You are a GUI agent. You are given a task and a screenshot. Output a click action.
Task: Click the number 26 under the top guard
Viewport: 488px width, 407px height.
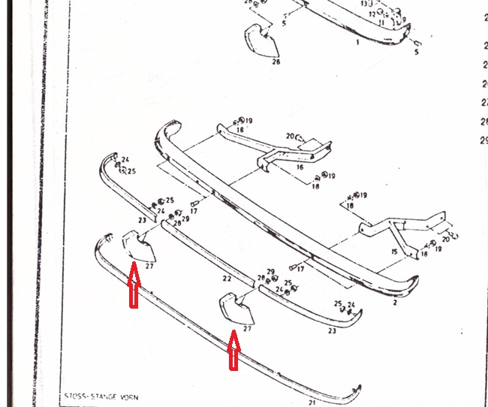pyautogui.click(x=276, y=62)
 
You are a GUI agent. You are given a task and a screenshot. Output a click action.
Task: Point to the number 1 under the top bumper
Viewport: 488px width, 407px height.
pyautogui.click(x=357, y=42)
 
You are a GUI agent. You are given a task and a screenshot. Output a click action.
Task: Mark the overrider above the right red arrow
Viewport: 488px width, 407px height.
pyautogui.click(x=236, y=309)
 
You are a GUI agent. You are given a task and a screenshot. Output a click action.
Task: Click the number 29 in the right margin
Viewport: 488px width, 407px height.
pyautogui.click(x=483, y=139)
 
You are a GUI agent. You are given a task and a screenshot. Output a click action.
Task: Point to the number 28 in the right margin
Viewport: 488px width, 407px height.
pyautogui.click(x=483, y=121)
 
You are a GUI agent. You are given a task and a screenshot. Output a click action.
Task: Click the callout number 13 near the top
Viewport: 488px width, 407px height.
pyautogui.click(x=363, y=4)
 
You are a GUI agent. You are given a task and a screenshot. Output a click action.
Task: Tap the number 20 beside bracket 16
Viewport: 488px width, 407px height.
pyautogui.click(x=290, y=135)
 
